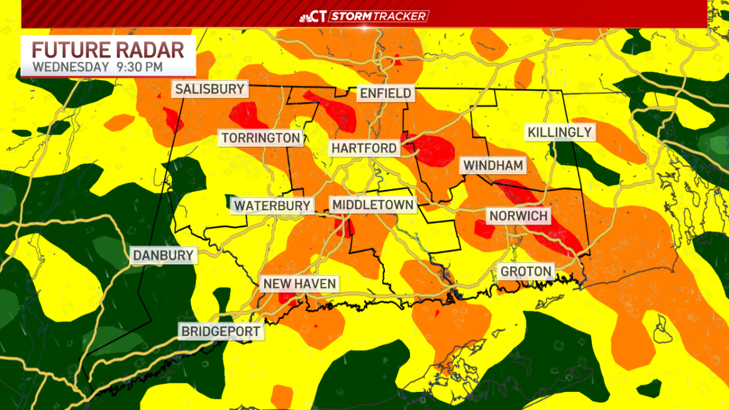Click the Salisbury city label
[210, 89]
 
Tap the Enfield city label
[386, 94]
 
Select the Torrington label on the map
[261, 138]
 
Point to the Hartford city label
[364, 148]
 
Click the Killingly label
[559, 132]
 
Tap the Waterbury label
[272, 205]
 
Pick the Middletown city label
[373, 205]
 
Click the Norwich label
[518, 216]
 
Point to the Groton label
[526, 271]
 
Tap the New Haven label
[299, 284]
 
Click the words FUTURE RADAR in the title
[107, 49]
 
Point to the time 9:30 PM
[139, 66]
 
